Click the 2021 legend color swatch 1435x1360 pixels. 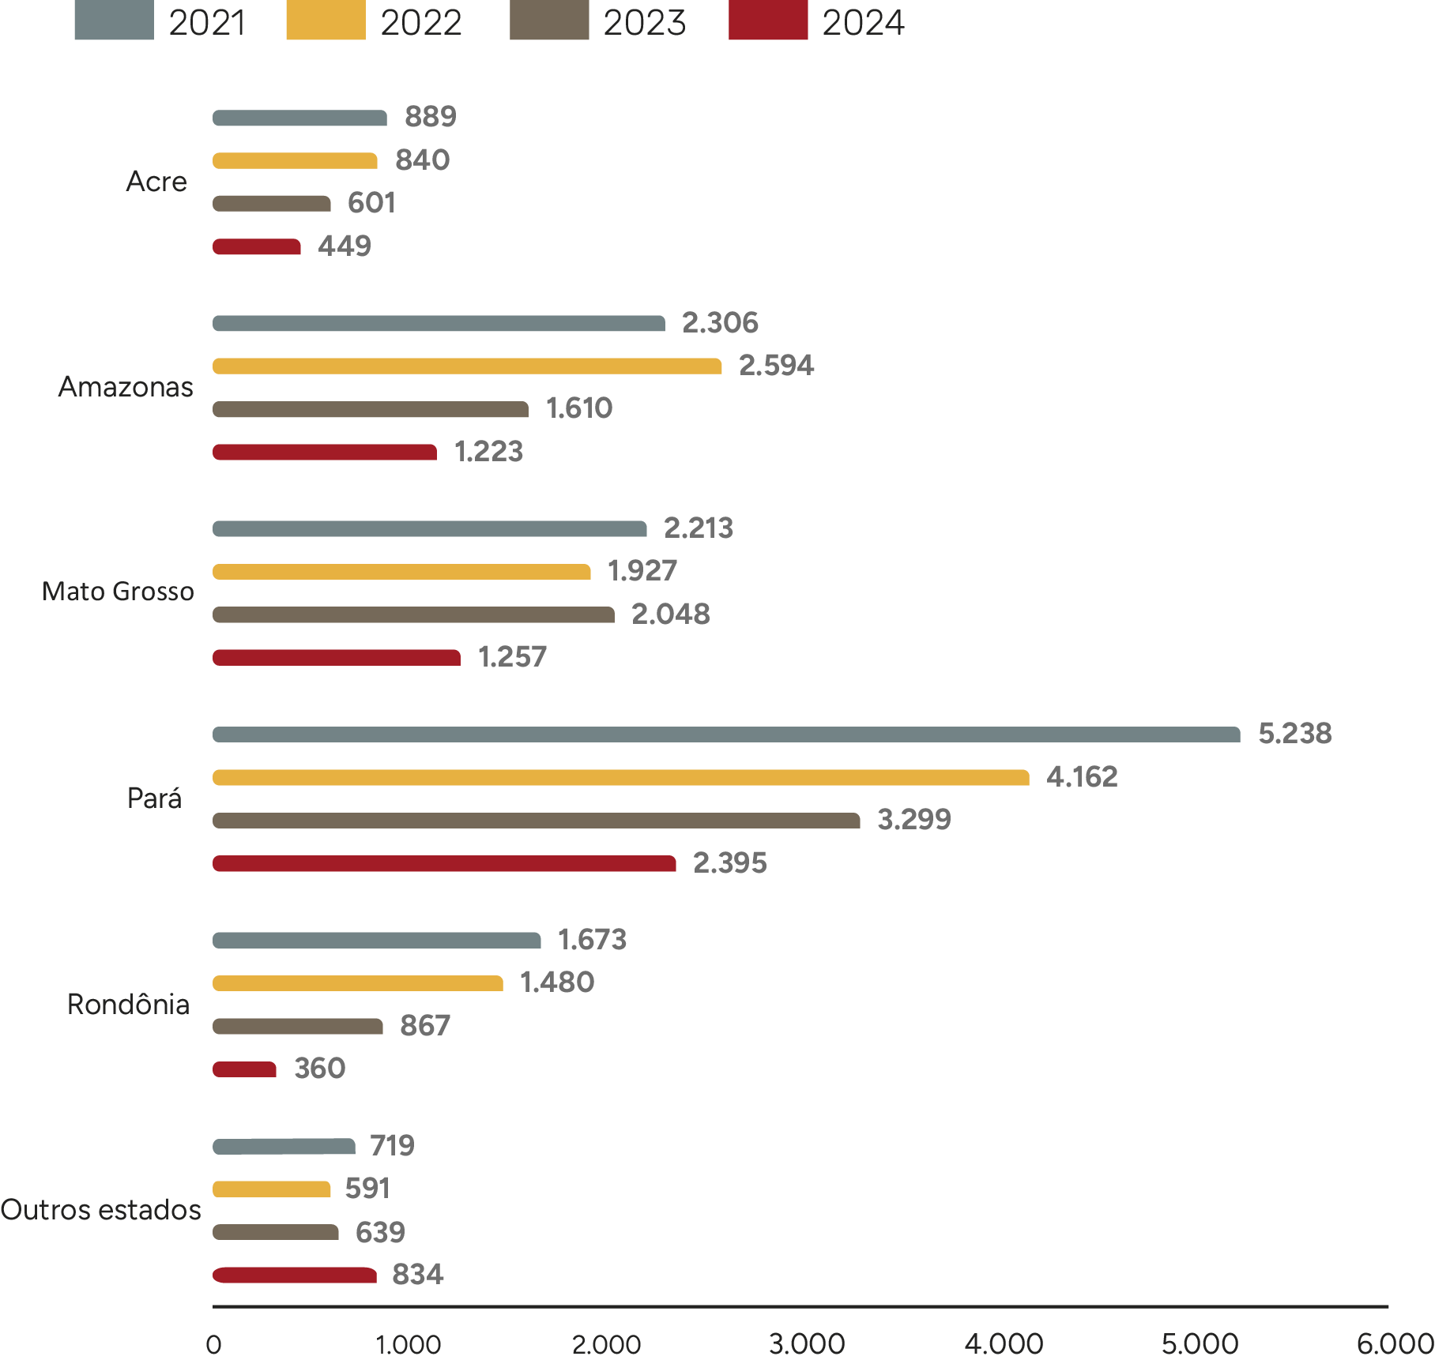(x=114, y=21)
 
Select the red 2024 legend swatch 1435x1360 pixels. (x=768, y=21)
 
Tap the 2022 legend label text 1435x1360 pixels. (x=420, y=22)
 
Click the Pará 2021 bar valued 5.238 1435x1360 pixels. (x=726, y=734)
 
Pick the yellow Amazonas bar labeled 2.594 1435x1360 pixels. (x=467, y=366)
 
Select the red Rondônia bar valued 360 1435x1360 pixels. (x=244, y=1069)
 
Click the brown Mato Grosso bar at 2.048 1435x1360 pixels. (x=413, y=614)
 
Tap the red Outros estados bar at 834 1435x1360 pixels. (x=295, y=1275)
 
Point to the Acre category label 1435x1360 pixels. (x=156, y=182)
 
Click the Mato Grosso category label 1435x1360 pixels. (x=118, y=592)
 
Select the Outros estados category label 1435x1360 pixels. (x=100, y=1210)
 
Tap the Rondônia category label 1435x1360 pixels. (x=128, y=1005)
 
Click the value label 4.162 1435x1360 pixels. (x=1082, y=777)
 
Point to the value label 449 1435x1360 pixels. (x=344, y=246)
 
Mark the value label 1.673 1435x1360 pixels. (x=592, y=940)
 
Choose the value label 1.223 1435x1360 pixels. (x=488, y=452)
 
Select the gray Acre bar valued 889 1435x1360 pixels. (x=299, y=118)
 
